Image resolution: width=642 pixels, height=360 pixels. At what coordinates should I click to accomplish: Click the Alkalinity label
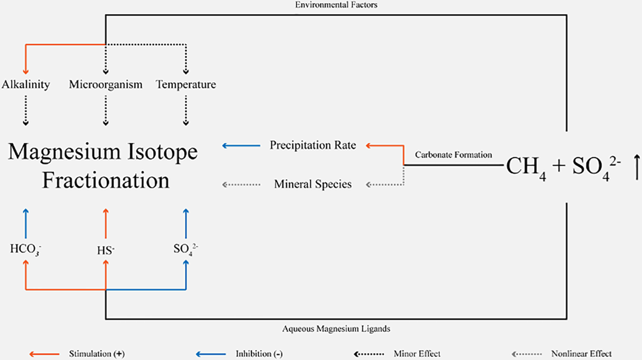coord(26,85)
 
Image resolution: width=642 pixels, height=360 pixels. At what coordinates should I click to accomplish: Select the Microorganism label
coord(106,85)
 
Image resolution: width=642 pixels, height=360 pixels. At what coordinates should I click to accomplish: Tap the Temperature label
coord(186,85)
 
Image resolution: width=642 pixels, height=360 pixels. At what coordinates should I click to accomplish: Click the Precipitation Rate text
coord(313,145)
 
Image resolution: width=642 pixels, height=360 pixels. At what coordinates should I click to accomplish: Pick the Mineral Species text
coord(313,184)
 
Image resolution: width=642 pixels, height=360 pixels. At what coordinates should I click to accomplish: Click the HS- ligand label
coord(106,250)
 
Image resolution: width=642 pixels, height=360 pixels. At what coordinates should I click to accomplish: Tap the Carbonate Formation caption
coord(454,155)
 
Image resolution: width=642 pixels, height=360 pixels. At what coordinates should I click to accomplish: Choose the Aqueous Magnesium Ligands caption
coord(336,329)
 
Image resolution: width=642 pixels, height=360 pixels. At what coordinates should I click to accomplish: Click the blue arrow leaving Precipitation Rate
coord(241,145)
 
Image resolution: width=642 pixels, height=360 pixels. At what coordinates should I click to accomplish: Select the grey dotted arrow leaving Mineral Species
coord(241,184)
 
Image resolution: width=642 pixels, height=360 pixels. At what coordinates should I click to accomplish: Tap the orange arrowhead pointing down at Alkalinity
coord(26,70)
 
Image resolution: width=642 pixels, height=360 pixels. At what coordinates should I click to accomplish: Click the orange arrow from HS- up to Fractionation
coord(106,224)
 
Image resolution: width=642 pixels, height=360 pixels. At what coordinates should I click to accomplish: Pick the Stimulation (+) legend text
coord(97,354)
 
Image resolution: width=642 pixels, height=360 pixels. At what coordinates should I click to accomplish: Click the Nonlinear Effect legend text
coord(581,354)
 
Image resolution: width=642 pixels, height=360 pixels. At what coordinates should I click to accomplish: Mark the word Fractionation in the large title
coord(106,180)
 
